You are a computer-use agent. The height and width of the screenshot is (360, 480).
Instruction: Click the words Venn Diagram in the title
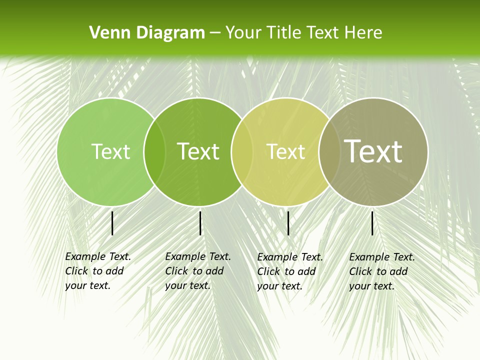(x=146, y=32)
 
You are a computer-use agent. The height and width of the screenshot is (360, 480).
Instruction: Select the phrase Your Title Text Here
(x=303, y=32)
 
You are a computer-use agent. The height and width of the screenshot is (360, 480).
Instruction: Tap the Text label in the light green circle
(x=110, y=151)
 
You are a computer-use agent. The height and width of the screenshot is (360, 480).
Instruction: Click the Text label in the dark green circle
(x=198, y=151)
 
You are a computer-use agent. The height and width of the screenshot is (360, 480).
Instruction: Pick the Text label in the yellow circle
(x=285, y=151)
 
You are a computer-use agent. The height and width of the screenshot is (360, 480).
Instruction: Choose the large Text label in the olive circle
(x=373, y=151)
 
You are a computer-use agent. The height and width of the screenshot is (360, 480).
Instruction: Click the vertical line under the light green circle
(x=112, y=223)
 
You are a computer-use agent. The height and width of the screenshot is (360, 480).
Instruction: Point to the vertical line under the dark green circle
(x=200, y=223)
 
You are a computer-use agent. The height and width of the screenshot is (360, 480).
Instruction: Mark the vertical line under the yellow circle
(x=288, y=223)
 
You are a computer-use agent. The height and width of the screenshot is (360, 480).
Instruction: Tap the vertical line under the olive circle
(x=372, y=223)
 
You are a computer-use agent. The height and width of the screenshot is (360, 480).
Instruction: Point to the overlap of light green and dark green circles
(x=154, y=151)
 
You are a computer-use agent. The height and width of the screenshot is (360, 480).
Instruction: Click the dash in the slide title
(x=214, y=32)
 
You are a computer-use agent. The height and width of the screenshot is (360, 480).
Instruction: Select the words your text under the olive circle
(x=371, y=286)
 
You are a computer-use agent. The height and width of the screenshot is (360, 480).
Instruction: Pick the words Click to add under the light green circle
(x=94, y=271)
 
